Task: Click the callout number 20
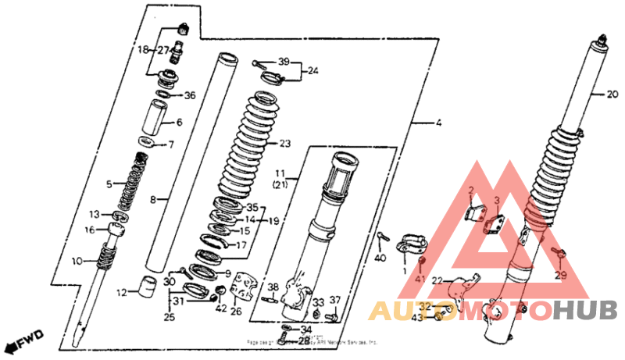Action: (612, 95)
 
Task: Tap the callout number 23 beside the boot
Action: (284, 144)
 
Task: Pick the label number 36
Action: (179, 123)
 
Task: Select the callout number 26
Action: (236, 312)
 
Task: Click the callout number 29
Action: (560, 276)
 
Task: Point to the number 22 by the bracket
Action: (437, 281)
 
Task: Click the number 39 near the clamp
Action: (283, 61)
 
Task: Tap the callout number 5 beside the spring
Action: (109, 184)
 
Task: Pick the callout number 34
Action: (305, 330)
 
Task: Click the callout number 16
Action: (90, 230)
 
